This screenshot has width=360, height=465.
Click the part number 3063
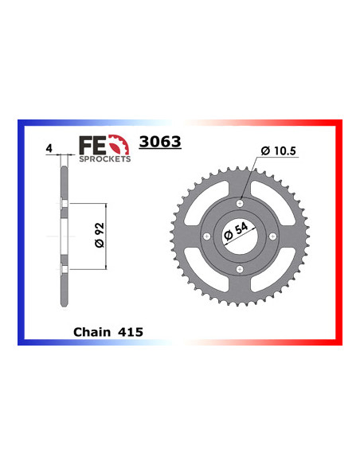click(x=160, y=143)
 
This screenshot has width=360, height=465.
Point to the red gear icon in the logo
click(x=120, y=145)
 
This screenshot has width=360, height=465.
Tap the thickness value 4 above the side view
click(x=49, y=148)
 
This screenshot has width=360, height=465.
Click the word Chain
click(x=92, y=331)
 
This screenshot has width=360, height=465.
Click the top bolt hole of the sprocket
click(x=237, y=205)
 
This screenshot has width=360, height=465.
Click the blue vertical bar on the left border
click(x=21, y=231)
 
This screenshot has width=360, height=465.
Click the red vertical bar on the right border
click(x=339, y=231)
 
